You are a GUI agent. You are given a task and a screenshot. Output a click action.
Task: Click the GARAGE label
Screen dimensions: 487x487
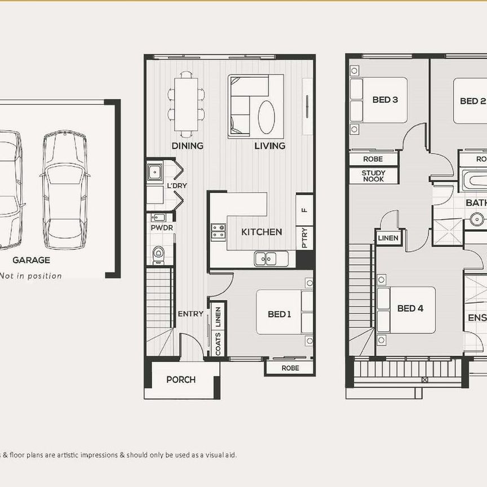tap(32, 260)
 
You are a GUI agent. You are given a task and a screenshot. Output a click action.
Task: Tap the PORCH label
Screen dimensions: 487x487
tap(181, 379)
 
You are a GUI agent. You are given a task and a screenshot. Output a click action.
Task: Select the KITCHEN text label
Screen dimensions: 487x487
tap(262, 232)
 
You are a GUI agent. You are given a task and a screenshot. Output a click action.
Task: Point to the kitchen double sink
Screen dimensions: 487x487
tap(265, 259)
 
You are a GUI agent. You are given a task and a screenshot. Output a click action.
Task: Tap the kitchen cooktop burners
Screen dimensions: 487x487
tap(218, 232)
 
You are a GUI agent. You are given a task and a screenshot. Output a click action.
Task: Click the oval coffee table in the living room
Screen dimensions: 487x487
tap(267, 117)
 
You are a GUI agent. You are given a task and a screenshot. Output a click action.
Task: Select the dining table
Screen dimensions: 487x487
tap(185, 105)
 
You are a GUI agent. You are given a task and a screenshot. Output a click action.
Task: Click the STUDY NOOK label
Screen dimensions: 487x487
tap(373, 176)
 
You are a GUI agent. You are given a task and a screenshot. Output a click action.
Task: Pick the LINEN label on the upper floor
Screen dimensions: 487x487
tap(388, 238)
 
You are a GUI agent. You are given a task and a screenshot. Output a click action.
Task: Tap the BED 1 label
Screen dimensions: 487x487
tap(279, 314)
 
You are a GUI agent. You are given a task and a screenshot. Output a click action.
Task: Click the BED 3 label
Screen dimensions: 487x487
tap(386, 100)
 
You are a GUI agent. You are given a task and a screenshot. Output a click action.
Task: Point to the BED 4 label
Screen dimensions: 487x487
tap(410, 308)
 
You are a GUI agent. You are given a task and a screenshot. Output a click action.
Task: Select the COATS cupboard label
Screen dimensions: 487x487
tap(218, 343)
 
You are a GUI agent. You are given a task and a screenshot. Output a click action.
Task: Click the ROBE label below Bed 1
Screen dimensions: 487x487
tap(289, 368)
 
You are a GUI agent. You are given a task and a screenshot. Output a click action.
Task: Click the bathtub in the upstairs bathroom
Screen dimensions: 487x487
tap(473, 181)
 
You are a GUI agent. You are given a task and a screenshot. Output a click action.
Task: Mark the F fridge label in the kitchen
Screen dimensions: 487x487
tap(304, 210)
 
